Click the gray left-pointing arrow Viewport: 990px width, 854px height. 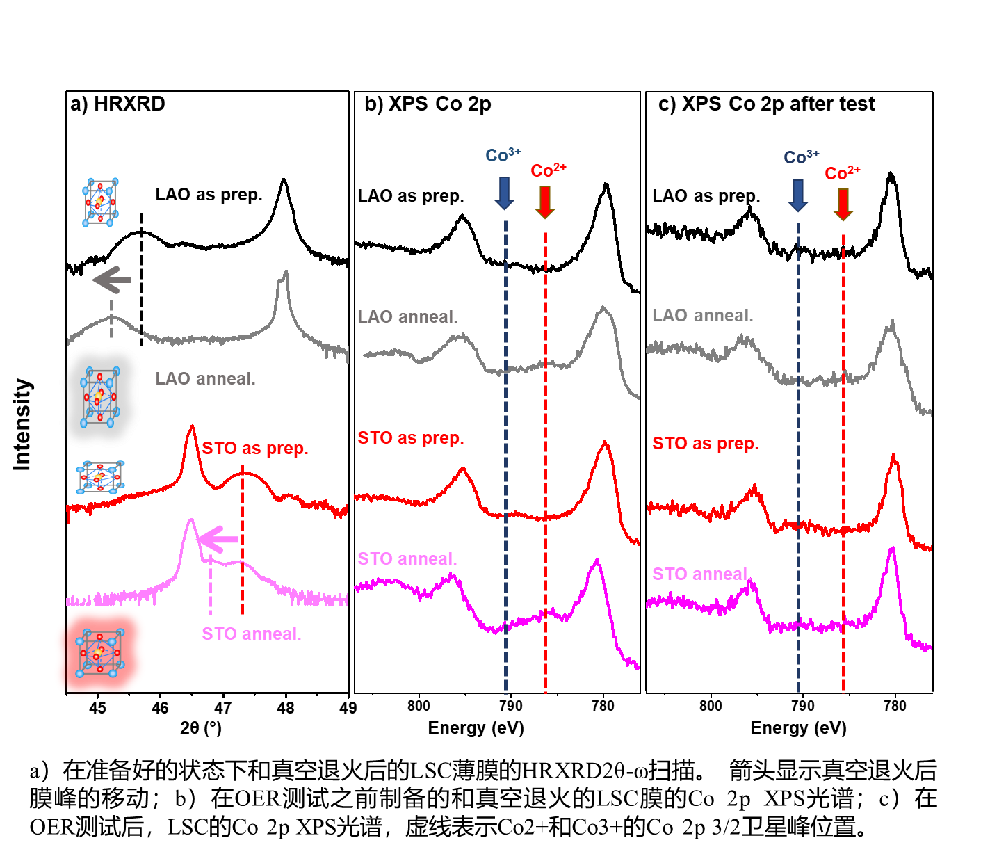point(112,280)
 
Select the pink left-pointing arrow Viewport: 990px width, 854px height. point(218,539)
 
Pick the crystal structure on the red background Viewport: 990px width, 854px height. point(100,652)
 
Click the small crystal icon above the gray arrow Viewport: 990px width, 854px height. point(100,202)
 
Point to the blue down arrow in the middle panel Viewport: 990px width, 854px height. point(504,193)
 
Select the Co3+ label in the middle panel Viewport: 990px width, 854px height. point(503,155)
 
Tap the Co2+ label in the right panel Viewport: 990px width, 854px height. point(842,172)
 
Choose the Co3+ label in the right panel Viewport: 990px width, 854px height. point(801,158)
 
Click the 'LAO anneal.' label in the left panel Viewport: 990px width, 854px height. point(205,379)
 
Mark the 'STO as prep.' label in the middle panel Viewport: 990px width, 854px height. point(410,438)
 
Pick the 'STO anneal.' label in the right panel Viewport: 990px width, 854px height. point(700,574)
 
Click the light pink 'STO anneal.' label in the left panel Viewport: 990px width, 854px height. point(251,634)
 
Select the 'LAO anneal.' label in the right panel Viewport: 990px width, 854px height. point(702,316)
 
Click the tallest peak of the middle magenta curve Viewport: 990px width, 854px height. point(596,561)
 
